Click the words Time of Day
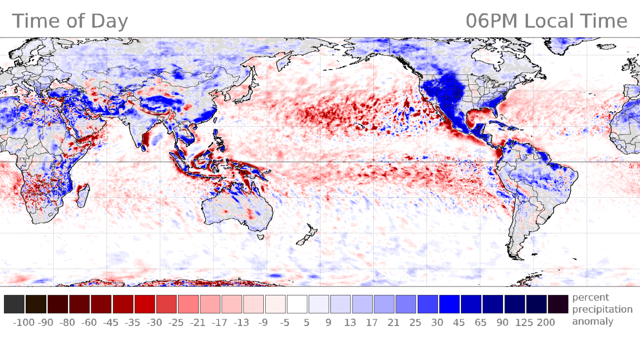click(x=70, y=22)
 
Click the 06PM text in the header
click(x=492, y=22)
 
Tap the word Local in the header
click(x=547, y=22)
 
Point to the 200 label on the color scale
click(x=546, y=323)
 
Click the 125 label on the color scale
click(x=524, y=323)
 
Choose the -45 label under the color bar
click(x=101, y=323)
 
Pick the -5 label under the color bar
click(x=285, y=323)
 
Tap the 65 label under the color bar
click(x=480, y=323)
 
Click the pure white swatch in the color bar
click(x=297, y=304)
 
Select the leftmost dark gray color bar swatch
click(x=14, y=304)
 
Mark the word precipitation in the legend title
click(x=602, y=310)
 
